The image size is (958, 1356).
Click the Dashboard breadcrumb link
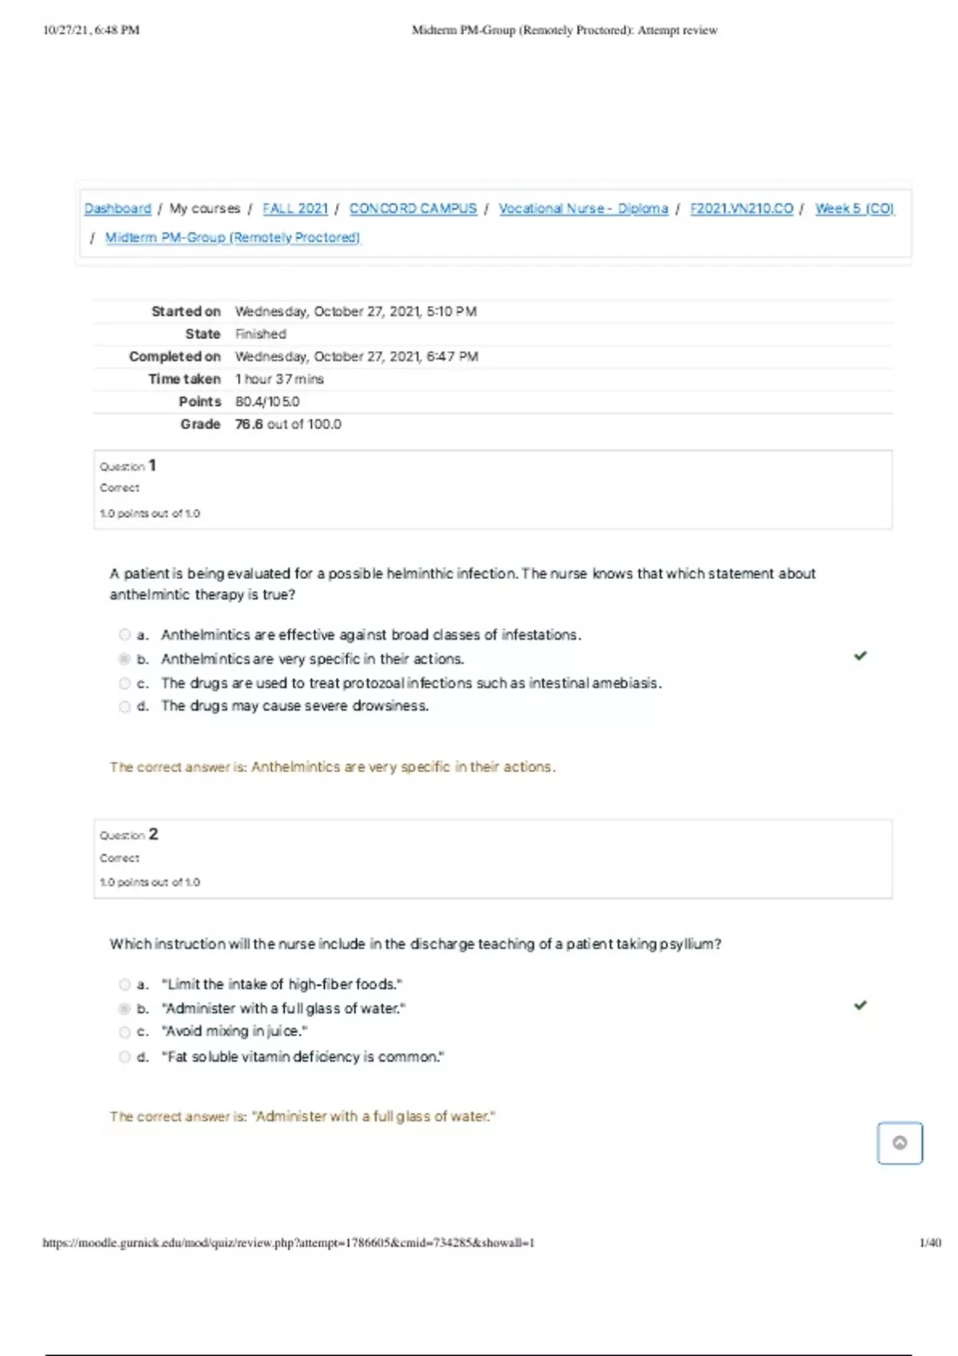point(117,208)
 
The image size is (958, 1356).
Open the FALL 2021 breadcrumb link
point(295,208)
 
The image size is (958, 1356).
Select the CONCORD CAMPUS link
point(413,208)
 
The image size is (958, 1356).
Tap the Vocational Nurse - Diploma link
point(583,208)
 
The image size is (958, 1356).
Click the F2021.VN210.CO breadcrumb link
point(742,208)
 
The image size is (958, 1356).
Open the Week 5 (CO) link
point(854,208)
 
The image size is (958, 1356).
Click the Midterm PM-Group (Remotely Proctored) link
point(232,238)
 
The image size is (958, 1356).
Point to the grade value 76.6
point(248,424)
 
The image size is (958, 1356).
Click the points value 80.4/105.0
point(267,402)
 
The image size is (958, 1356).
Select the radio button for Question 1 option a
point(125,635)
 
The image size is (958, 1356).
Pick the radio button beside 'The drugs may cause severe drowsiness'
point(125,707)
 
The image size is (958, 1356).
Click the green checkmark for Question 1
point(860,656)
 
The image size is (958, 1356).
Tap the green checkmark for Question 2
point(860,1005)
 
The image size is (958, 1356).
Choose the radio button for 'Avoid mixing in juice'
point(125,1032)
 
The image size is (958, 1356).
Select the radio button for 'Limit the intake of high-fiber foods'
point(125,984)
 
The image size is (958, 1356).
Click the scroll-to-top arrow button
point(900,1143)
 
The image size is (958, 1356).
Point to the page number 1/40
point(930,1243)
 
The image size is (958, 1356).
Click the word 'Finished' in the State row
point(260,334)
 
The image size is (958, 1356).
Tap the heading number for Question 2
point(153,834)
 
